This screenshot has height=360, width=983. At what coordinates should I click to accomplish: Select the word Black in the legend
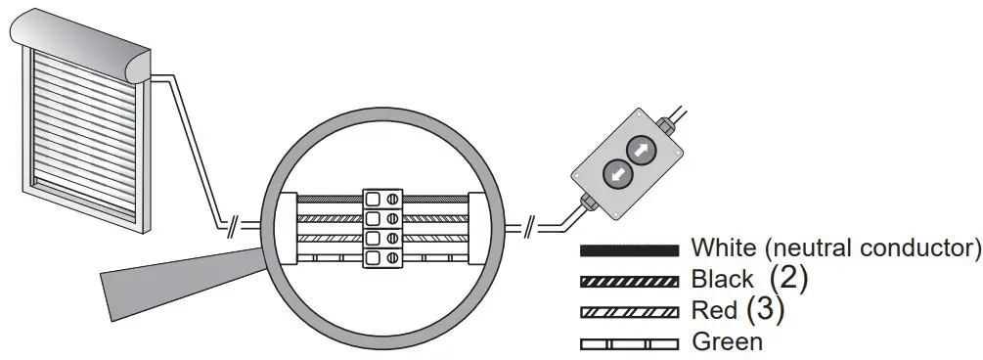pos(723,280)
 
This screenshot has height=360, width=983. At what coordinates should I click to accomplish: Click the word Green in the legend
pos(727,342)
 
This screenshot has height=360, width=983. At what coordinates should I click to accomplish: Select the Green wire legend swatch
pos(629,343)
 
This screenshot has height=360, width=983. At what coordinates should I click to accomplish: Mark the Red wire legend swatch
pos(629,312)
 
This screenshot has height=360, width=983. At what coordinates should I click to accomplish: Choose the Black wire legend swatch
pos(629,281)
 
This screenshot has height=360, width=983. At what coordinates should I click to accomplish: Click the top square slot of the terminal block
pos(374,199)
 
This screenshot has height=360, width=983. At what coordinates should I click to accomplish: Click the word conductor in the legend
pos(920,247)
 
